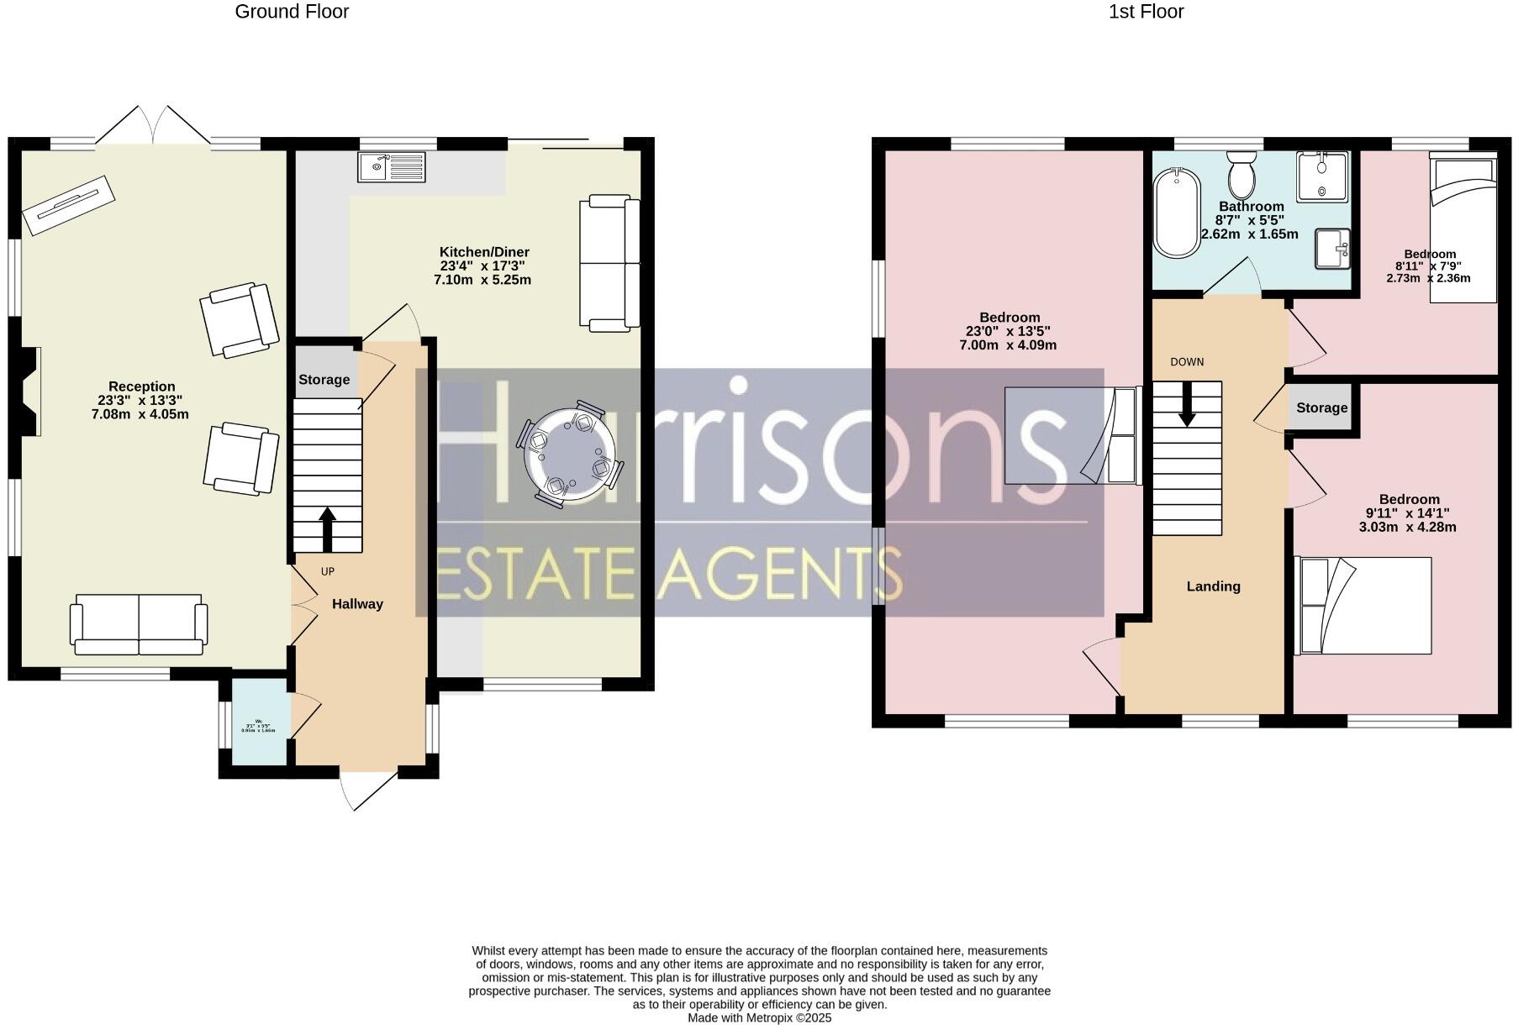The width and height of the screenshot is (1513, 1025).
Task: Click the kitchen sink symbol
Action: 392,166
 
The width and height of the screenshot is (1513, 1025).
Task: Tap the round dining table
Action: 570,454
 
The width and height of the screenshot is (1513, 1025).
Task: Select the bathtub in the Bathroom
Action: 1177,213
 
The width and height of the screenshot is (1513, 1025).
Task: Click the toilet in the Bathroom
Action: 1242,174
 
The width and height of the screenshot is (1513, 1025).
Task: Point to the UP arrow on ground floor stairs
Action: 327,528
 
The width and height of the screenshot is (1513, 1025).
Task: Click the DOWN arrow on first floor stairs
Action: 1186,404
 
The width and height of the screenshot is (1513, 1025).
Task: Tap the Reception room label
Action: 141,387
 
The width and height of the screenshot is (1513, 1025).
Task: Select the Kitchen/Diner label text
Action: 484,252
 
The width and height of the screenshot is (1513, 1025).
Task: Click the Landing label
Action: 1213,586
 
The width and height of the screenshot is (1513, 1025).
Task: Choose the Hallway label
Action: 357,604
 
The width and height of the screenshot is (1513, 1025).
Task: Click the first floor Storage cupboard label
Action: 1321,408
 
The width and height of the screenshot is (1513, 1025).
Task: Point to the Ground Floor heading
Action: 292,12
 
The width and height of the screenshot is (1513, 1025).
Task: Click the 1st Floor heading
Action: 1146,12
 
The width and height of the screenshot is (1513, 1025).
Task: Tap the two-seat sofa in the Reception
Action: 139,624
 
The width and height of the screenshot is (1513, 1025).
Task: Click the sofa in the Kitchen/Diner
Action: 609,262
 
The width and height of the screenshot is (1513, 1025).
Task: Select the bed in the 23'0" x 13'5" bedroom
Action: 1072,435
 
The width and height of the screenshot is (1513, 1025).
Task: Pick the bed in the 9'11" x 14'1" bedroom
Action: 1364,605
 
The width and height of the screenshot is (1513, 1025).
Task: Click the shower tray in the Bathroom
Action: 1322,176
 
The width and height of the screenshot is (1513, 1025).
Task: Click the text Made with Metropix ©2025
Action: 759,1017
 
